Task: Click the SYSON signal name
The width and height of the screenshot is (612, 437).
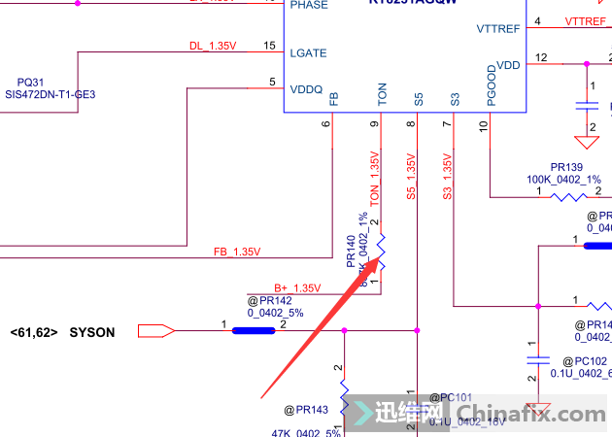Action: pos(91,333)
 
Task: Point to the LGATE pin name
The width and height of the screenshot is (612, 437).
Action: pos(308,53)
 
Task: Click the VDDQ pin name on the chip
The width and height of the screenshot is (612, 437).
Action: pos(306,88)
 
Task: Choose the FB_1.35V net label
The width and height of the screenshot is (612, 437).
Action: pos(237,252)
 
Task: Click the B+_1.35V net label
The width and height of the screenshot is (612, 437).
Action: pos(296,288)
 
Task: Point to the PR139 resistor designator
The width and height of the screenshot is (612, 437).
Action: pos(566,167)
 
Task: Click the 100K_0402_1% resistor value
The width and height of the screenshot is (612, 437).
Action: pos(563,180)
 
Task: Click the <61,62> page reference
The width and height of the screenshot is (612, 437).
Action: pos(34,333)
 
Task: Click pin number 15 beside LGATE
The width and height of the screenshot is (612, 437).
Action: pos(269,46)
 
